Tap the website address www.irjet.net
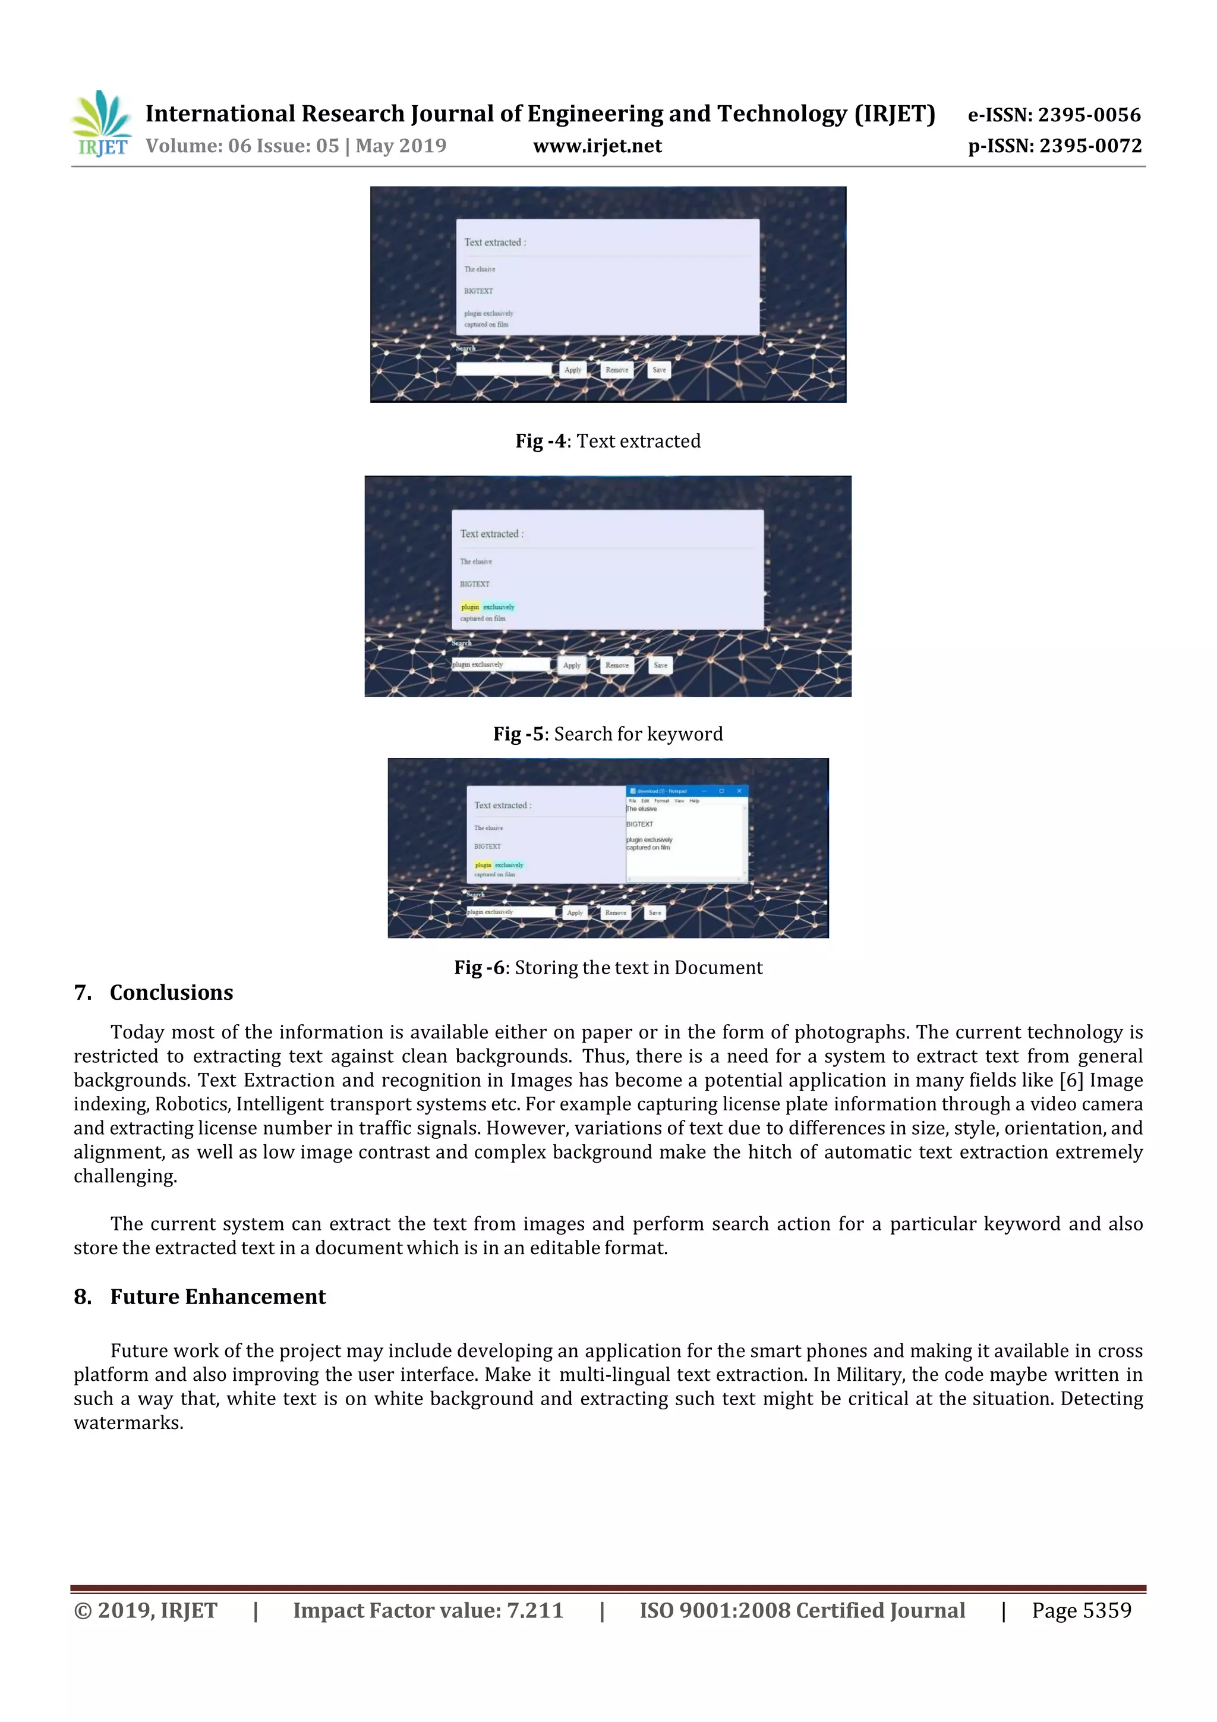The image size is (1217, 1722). coord(597,146)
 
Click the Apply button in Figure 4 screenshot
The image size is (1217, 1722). coord(573,370)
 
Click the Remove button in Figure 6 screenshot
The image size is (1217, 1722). coord(616,913)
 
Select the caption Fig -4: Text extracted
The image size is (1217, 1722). coord(607,441)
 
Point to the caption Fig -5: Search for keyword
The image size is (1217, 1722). coord(607,733)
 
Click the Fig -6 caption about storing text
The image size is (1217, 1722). coord(607,968)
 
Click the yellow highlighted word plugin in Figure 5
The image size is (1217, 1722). coord(470,607)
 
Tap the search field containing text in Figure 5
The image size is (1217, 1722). coord(500,665)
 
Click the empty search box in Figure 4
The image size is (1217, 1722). coord(504,369)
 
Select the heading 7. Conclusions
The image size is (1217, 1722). coord(154,992)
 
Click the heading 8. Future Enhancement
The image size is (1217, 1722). coord(200,1297)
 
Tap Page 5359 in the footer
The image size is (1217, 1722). coord(1082,1611)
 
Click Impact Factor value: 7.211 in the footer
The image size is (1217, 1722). coord(428,1611)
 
